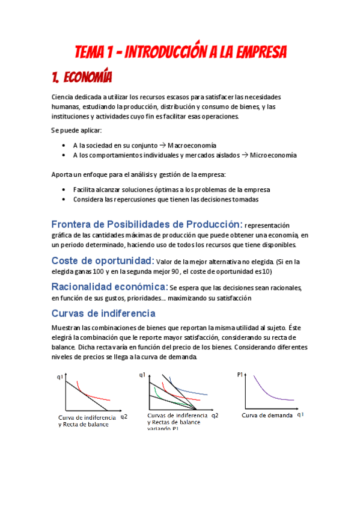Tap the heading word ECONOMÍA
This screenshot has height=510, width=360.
click(x=87, y=78)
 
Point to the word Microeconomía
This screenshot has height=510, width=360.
click(x=273, y=155)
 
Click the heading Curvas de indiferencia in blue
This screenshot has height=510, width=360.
click(x=103, y=313)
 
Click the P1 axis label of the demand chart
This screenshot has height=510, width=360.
click(x=240, y=375)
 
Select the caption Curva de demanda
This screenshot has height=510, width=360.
click(x=267, y=416)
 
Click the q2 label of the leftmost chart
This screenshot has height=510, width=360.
click(x=124, y=416)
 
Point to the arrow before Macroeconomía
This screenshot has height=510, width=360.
click(x=162, y=146)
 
